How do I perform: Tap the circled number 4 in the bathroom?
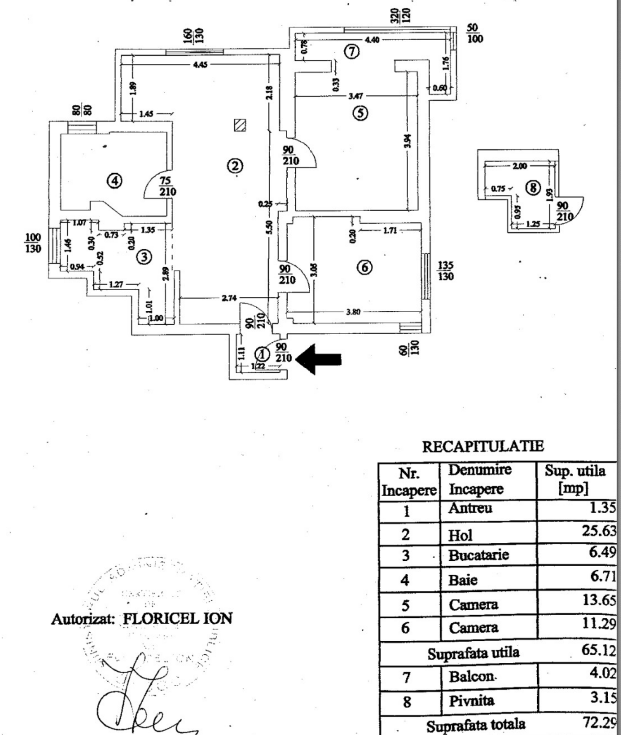click(115, 180)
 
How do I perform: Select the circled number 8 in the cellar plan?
click(534, 188)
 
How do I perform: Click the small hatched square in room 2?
click(240, 125)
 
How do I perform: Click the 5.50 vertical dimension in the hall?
click(269, 227)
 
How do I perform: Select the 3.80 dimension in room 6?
click(353, 312)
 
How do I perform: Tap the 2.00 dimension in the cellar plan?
click(519, 167)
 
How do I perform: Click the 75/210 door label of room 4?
click(168, 186)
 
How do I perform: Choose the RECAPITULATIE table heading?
click(483, 447)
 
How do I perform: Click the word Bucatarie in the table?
click(478, 555)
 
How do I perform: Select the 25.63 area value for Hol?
click(599, 530)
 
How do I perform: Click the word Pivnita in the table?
click(472, 701)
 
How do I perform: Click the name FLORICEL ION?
click(177, 618)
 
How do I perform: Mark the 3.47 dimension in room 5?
click(355, 96)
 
